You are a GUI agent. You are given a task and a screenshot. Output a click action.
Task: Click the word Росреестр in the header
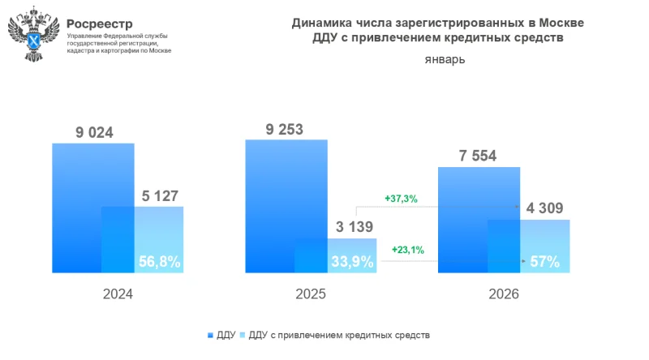pos(100,24)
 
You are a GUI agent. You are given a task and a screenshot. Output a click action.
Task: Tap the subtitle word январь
pos(445,60)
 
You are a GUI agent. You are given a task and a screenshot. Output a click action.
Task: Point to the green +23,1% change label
pos(408,250)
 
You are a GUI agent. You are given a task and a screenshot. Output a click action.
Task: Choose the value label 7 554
pos(478,156)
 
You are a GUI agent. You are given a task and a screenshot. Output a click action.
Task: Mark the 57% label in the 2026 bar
pos(544,261)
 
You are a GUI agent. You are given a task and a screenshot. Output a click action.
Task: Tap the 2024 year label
pos(118,296)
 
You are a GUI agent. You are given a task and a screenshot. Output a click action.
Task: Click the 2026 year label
pos(503,296)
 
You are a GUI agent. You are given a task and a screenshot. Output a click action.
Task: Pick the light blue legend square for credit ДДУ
pos(242,334)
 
